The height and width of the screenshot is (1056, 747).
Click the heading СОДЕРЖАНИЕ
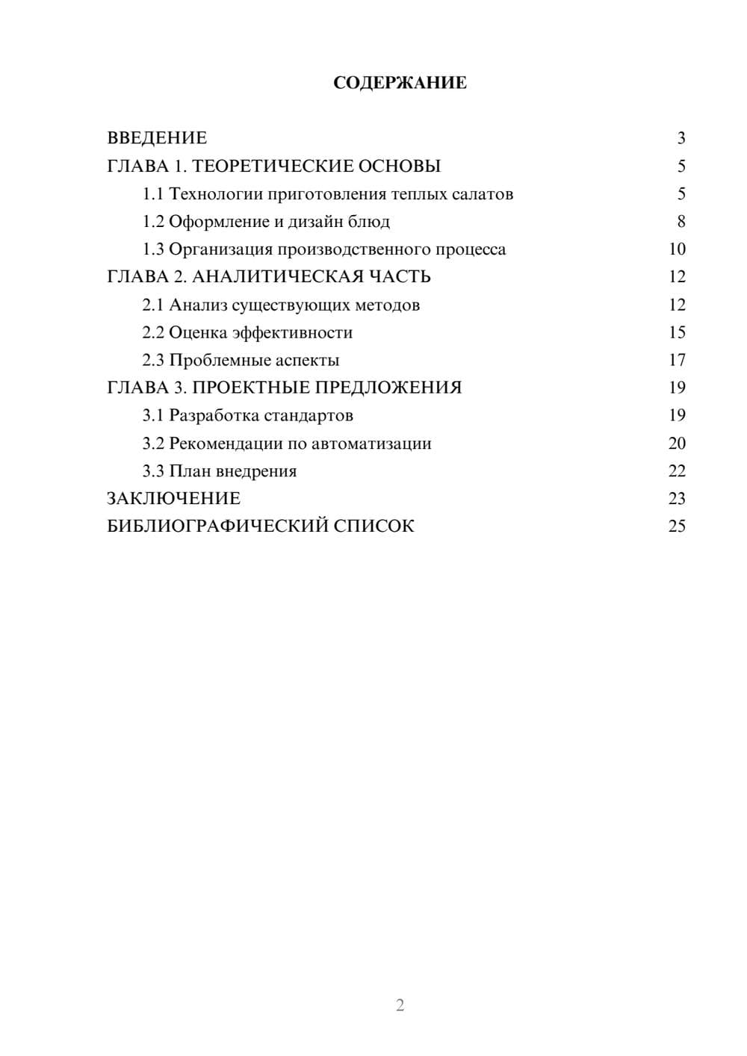tap(400, 83)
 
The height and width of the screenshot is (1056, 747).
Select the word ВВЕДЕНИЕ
tap(157, 138)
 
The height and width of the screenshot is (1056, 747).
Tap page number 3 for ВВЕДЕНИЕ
tap(681, 138)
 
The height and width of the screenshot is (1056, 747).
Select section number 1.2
tap(153, 222)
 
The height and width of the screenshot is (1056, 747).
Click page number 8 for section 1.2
tap(681, 222)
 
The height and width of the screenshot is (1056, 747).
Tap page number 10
tap(677, 249)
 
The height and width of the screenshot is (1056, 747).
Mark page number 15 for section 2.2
tap(677, 332)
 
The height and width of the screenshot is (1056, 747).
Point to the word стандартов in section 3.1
tap(309, 415)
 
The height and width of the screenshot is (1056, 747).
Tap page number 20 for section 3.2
tap(677, 444)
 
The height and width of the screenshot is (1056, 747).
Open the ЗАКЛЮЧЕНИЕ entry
tap(173, 499)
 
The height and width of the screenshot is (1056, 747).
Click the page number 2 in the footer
tap(400, 1005)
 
